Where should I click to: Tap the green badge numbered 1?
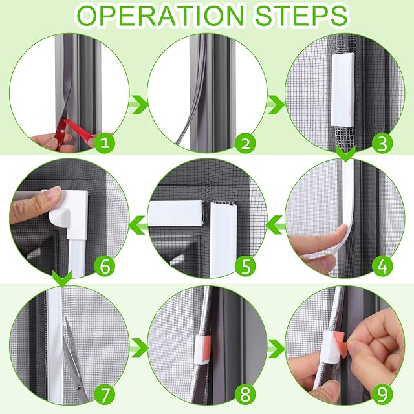[105, 144]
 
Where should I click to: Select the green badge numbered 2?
[245, 144]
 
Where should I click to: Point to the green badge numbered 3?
[382, 144]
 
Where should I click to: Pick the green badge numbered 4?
[382, 266]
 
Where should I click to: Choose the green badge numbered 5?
[245, 266]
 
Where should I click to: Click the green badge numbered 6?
[105, 266]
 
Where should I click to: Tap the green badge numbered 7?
[105, 395]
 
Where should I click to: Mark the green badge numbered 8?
[245, 395]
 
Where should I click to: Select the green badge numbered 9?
[382, 395]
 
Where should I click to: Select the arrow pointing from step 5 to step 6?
[138, 225]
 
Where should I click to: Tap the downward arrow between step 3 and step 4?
[346, 154]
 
